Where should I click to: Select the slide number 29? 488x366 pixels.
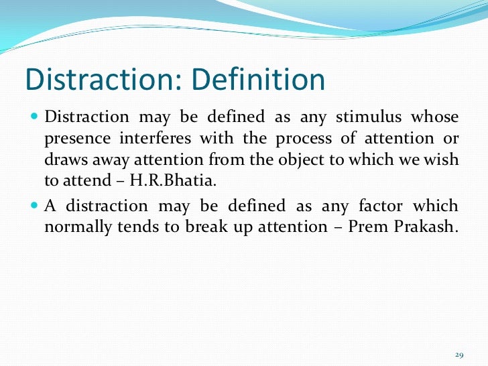(459, 355)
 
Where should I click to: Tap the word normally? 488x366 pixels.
(74, 227)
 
